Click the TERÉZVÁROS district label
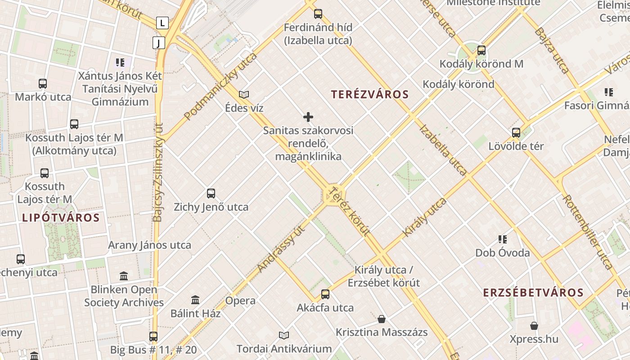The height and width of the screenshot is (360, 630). click(x=370, y=94)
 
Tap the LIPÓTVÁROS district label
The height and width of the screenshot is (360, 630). click(x=61, y=218)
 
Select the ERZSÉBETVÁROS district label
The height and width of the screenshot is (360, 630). click(x=533, y=293)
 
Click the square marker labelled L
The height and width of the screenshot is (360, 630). click(x=162, y=23)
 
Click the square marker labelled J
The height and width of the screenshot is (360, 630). click(x=158, y=43)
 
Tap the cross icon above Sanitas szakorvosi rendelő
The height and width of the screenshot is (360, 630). click(x=308, y=117)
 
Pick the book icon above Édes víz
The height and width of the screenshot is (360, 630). click(x=244, y=94)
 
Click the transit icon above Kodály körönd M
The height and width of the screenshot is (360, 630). click(x=481, y=50)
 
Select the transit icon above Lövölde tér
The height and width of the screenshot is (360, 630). click(x=516, y=133)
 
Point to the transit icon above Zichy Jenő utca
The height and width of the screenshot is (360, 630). click(x=211, y=193)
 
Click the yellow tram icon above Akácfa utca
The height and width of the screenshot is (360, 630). click(x=325, y=294)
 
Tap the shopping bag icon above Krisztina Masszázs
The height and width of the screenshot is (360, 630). click(x=382, y=319)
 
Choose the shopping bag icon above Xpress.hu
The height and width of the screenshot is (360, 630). click(x=534, y=325)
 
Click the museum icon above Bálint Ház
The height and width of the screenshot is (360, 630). click(x=195, y=300)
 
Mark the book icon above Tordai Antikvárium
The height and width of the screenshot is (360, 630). click(x=284, y=335)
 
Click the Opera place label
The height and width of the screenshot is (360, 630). click(x=240, y=301)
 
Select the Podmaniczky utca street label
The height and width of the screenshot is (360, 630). click(x=220, y=86)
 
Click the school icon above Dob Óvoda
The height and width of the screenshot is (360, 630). click(x=503, y=239)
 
